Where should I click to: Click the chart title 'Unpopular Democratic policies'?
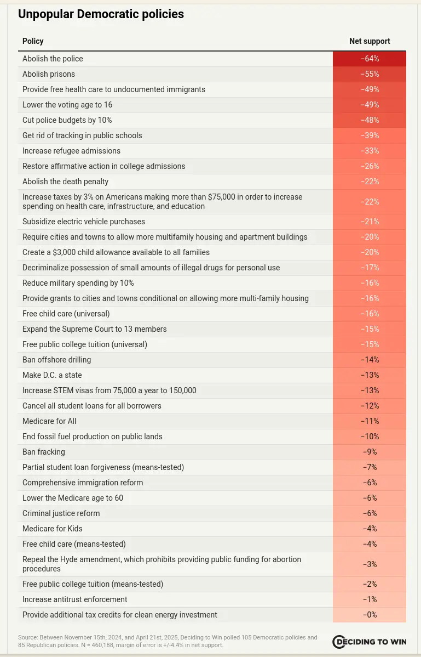pyautogui.click(x=101, y=14)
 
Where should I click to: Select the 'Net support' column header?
pyautogui.click(x=370, y=41)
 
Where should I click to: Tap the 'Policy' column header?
pyautogui.click(x=33, y=41)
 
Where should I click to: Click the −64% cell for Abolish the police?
pyautogui.click(x=370, y=59)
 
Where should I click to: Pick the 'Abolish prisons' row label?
pyautogui.click(x=49, y=74)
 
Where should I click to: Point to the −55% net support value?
pyautogui.click(x=370, y=74)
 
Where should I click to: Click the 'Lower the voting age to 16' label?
pyautogui.click(x=67, y=105)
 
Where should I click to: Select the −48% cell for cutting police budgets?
pyautogui.click(x=370, y=120)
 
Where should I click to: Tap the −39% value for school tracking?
pyautogui.click(x=370, y=135)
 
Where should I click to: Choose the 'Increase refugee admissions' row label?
pyautogui.click(x=72, y=151)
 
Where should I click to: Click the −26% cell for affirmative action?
pyautogui.click(x=370, y=166)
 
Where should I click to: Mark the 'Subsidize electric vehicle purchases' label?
pyautogui.click(x=84, y=222)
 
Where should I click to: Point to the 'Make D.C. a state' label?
pyautogui.click(x=52, y=375)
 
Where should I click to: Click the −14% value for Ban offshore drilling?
pyautogui.click(x=370, y=360)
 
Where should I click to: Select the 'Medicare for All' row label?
pyautogui.click(x=49, y=421)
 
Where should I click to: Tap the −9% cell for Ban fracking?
pyautogui.click(x=370, y=452)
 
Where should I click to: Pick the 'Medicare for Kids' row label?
pyautogui.click(x=53, y=529)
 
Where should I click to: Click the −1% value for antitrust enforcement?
pyautogui.click(x=370, y=599)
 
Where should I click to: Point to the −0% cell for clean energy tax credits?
pyautogui.click(x=370, y=615)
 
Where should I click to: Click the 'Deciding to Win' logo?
pyautogui.click(x=369, y=642)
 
